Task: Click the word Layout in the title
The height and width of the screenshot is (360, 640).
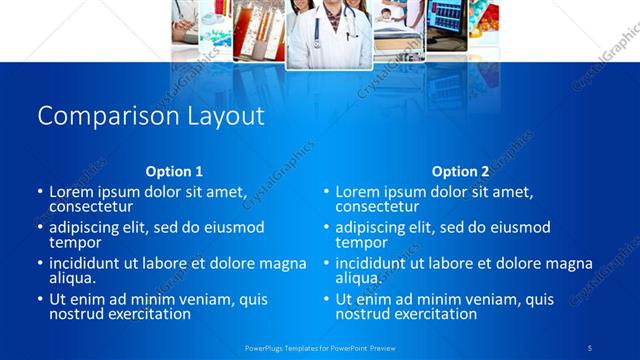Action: (x=225, y=116)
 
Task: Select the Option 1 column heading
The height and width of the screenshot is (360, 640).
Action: (x=174, y=171)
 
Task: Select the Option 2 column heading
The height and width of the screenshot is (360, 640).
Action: (x=460, y=171)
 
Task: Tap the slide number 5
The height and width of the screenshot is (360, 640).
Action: (x=590, y=347)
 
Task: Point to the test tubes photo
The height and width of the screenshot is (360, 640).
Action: (x=259, y=30)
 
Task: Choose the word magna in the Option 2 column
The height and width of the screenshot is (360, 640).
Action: (x=570, y=264)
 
